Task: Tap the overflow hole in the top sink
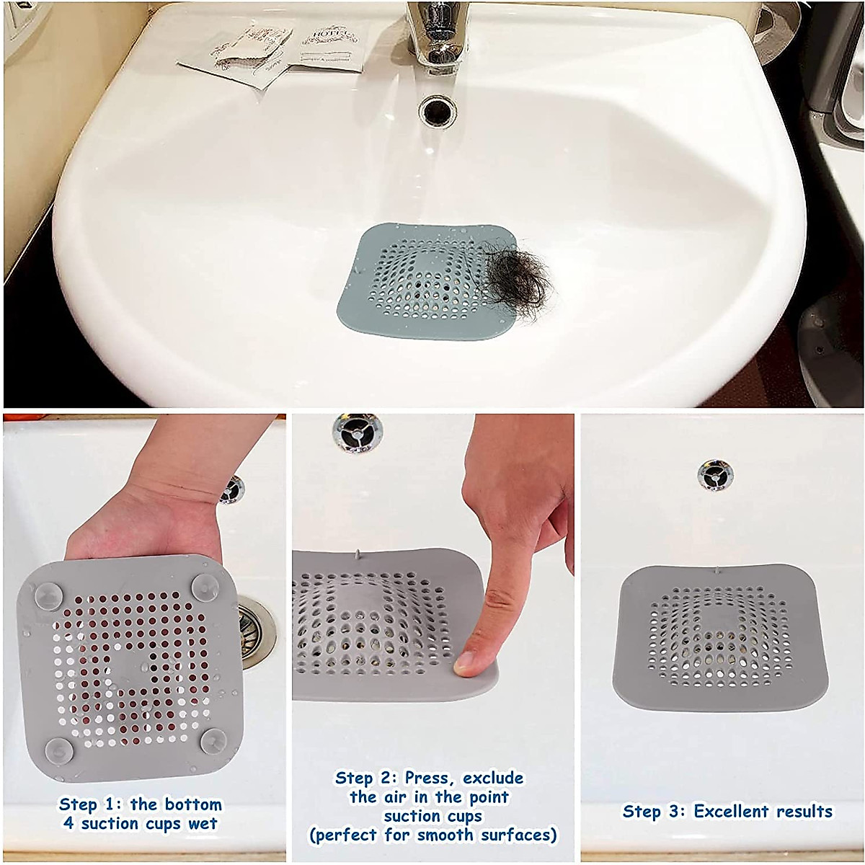pyautogui.click(x=437, y=110)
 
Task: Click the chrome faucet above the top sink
pyautogui.click(x=435, y=36)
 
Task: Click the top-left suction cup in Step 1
pyautogui.click(x=47, y=595)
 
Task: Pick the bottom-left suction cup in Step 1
pyautogui.click(x=59, y=751)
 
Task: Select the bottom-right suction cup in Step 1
pyautogui.click(x=214, y=741)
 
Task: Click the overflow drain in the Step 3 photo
pyautogui.click(x=715, y=474)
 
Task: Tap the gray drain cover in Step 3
pyautogui.click(x=719, y=638)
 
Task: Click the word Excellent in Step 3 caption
pyautogui.click(x=726, y=811)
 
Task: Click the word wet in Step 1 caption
pyautogui.click(x=203, y=823)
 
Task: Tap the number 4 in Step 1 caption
pyautogui.click(x=68, y=823)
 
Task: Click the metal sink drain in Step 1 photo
pyautogui.click(x=256, y=631)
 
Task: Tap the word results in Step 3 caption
pyautogui.click(x=800, y=811)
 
